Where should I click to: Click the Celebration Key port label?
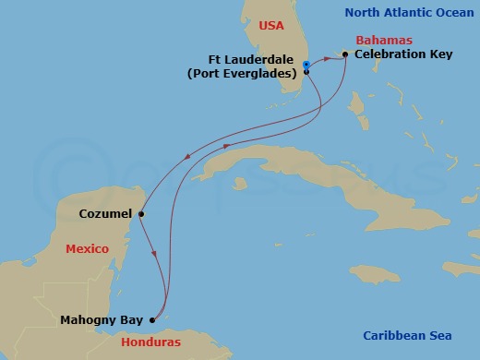[x=402, y=55]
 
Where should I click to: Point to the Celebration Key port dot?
[x=344, y=54]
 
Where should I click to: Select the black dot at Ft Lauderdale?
[x=306, y=71]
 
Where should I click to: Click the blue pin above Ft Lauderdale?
[x=306, y=64]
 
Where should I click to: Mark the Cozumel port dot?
[x=141, y=215]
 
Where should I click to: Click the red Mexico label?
[x=88, y=249]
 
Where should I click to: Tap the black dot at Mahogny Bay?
[x=152, y=321]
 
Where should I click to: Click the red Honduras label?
[x=150, y=342]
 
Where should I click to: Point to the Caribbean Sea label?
[x=406, y=335]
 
